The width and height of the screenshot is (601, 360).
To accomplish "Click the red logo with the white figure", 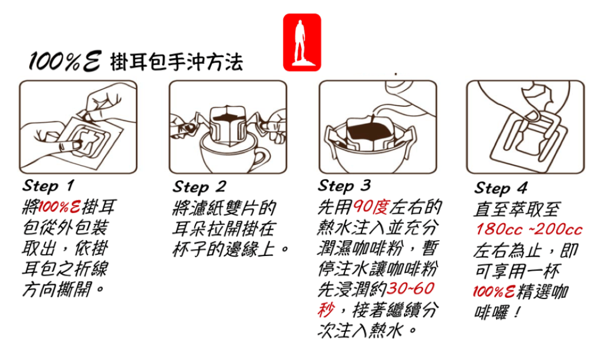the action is point(302,42).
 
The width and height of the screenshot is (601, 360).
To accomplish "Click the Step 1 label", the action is point(48,186).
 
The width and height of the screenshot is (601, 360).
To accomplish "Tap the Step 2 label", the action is point(199,187).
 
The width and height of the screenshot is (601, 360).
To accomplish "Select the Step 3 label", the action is point(344,186).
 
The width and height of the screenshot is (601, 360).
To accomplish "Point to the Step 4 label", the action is point(501,188).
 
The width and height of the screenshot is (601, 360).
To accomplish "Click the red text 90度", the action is point(371,207).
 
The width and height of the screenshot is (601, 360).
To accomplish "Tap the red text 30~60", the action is point(410,288).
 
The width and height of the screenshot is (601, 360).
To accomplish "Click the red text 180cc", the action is point(499,229).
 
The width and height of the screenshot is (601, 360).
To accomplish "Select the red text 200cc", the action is point(559,229).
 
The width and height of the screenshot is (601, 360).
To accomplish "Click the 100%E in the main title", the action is point(65,61).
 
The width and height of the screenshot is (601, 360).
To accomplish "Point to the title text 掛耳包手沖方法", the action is point(176,62).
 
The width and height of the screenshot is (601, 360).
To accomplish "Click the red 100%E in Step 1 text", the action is point(59,207).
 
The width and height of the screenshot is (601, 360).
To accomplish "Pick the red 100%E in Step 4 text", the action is point(494,292).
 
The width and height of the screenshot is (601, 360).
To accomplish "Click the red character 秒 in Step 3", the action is point(326,309).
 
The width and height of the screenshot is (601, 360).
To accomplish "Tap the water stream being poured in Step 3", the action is point(372,121).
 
